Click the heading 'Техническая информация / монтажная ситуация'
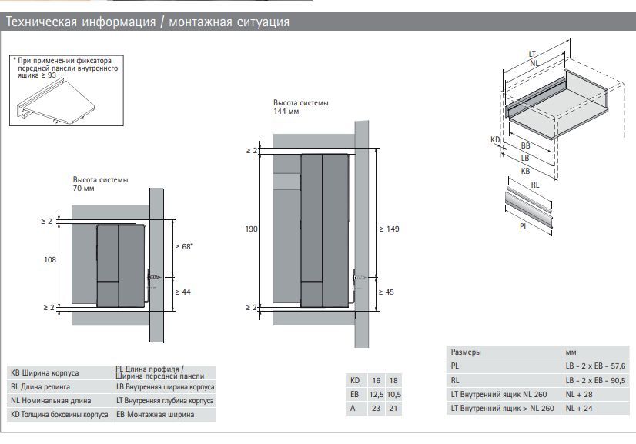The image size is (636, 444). pyautogui.click(x=148, y=22)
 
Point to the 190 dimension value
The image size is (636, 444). pyautogui.click(x=252, y=229)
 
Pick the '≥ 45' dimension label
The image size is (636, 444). pyautogui.click(x=387, y=292)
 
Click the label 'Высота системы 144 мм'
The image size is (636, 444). pyautogui.click(x=300, y=107)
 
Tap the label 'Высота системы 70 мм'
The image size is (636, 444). pyautogui.click(x=100, y=184)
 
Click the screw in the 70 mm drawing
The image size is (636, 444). pyautogui.click(x=156, y=277)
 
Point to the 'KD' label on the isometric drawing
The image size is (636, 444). pyautogui.click(x=495, y=140)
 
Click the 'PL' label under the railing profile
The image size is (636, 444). pyautogui.click(x=524, y=227)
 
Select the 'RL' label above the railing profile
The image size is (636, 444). pyautogui.click(x=534, y=185)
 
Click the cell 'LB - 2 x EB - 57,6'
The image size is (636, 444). pyautogui.click(x=596, y=366)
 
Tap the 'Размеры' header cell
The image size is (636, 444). pyautogui.click(x=466, y=352)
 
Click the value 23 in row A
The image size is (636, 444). pyautogui.click(x=376, y=408)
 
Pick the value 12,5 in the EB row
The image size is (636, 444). pyautogui.click(x=376, y=394)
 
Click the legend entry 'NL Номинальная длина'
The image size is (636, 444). pyautogui.click(x=51, y=401)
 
